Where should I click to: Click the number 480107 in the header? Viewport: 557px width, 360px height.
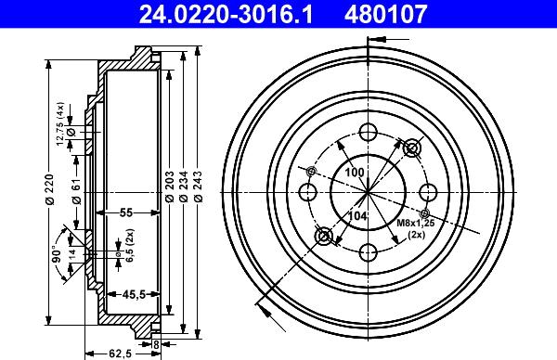(413, 14)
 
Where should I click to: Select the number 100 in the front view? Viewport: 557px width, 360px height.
(355, 174)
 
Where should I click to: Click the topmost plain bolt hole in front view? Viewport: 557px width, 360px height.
(368, 131)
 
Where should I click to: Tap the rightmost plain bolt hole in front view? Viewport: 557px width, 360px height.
(428, 192)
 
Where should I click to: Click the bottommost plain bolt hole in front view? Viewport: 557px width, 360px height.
(368, 251)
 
